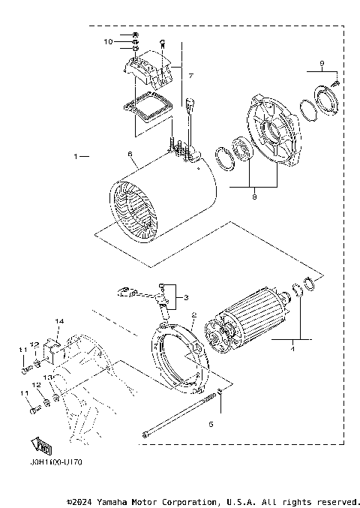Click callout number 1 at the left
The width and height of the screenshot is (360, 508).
coord(76,157)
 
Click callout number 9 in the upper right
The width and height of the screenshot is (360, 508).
coord(321,62)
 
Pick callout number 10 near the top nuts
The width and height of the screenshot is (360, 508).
coord(107,41)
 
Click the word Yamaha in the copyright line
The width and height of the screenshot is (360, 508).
coord(112,500)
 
